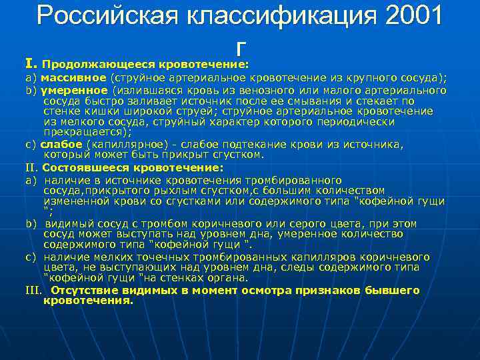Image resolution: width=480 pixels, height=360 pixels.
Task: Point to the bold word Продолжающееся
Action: point(99,65)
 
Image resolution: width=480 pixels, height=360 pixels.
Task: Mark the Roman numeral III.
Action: point(33,290)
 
